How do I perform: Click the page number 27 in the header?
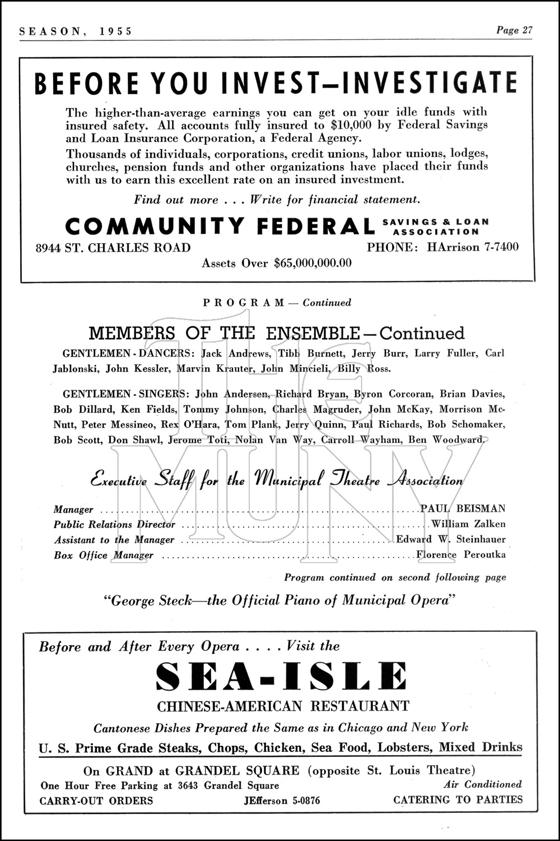click(x=527, y=30)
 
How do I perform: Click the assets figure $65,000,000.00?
click(x=312, y=263)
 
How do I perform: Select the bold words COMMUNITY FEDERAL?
click(x=220, y=226)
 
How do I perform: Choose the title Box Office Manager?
click(x=103, y=555)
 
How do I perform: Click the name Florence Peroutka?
click(x=461, y=555)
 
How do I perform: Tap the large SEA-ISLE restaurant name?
click(x=282, y=677)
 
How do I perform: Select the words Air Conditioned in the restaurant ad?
click(x=482, y=784)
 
